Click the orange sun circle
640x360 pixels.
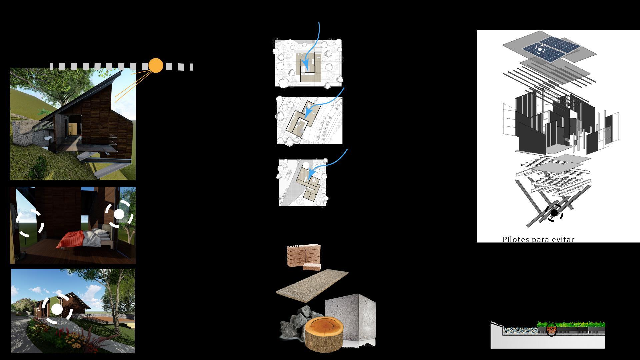tap(156, 66)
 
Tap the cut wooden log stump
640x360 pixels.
tap(324, 334)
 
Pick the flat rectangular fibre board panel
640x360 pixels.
tap(312, 285)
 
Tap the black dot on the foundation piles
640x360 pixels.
tap(554, 213)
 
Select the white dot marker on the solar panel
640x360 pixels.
tap(540, 50)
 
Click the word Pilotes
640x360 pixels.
tap(516, 239)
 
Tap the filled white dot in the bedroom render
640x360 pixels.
tap(119, 214)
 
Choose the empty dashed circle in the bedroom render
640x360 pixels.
tap(30, 223)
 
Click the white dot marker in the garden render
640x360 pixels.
tap(57, 309)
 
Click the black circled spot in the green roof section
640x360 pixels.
tap(551, 329)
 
